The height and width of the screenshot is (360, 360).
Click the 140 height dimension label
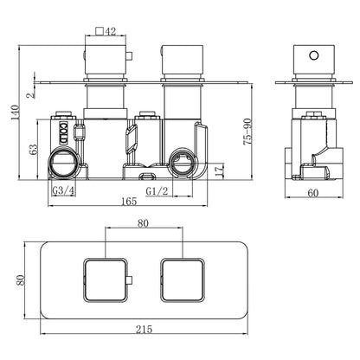coord(15,113)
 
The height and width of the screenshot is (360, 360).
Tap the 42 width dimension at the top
coord(110,31)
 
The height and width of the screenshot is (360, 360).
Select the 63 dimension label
coord(34,150)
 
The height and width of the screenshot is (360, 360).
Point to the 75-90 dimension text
coord(247,132)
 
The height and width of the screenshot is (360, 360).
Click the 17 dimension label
coord(219,170)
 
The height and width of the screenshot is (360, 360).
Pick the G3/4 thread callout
coord(63,190)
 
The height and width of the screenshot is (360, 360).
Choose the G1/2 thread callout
coord(157,190)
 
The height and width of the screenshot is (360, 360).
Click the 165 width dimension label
coord(129,201)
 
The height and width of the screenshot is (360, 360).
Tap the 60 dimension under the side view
coord(313,192)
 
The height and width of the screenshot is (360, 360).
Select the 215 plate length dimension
coord(144,329)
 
